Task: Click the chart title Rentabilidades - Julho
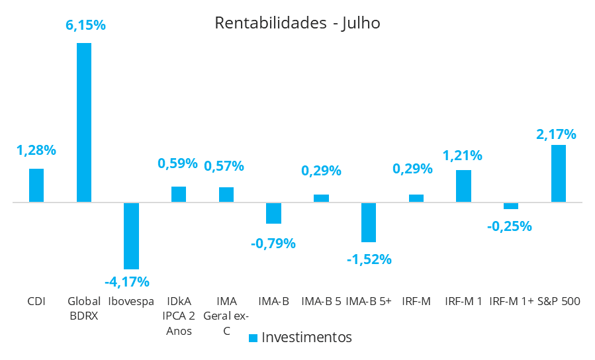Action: coord(297,23)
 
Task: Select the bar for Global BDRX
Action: coord(84,122)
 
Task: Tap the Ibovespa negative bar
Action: coord(132,235)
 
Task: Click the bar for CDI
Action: coord(36,185)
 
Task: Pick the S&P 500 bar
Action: coord(559,173)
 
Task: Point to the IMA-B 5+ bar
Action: coord(369,222)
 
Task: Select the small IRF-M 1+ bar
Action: coord(511,206)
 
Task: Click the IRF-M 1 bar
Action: coord(463,186)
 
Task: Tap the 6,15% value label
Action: coord(84,26)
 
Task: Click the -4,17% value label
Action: coord(127,281)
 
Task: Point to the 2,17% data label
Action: coord(556,134)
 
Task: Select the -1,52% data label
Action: coord(369,259)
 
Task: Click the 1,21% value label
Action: coord(462,156)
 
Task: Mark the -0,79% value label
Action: coord(273,243)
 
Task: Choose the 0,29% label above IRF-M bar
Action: coord(412,169)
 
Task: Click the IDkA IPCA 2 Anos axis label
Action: coord(179,316)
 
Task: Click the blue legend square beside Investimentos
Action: coord(253,338)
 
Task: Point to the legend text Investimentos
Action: coord(306,337)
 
